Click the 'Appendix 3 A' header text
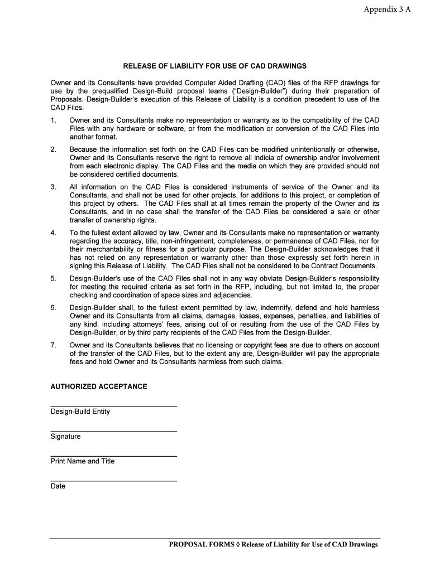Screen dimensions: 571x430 pos(387,10)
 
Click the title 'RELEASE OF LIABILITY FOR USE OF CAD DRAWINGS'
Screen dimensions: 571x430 pos(215,66)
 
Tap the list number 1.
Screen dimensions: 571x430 pos(53,120)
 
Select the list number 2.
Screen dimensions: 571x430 pos(53,149)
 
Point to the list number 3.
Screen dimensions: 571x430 pos(53,187)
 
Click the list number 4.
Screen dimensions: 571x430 pos(53,233)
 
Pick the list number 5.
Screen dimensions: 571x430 pos(53,278)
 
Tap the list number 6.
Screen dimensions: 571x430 pos(53,308)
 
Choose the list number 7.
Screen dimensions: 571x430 pos(53,345)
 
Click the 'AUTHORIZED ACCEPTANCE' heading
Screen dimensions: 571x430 pos(99,386)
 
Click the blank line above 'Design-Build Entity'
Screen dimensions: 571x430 pos(113,407)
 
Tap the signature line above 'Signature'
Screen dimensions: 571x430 pos(113,431)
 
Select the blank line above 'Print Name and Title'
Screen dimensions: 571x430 pos(113,456)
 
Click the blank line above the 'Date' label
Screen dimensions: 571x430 pos(113,481)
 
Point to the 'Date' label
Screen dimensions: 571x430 pos(58,486)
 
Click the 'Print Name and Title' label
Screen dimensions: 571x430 pos(83,461)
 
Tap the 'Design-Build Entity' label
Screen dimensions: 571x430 pos(80,412)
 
